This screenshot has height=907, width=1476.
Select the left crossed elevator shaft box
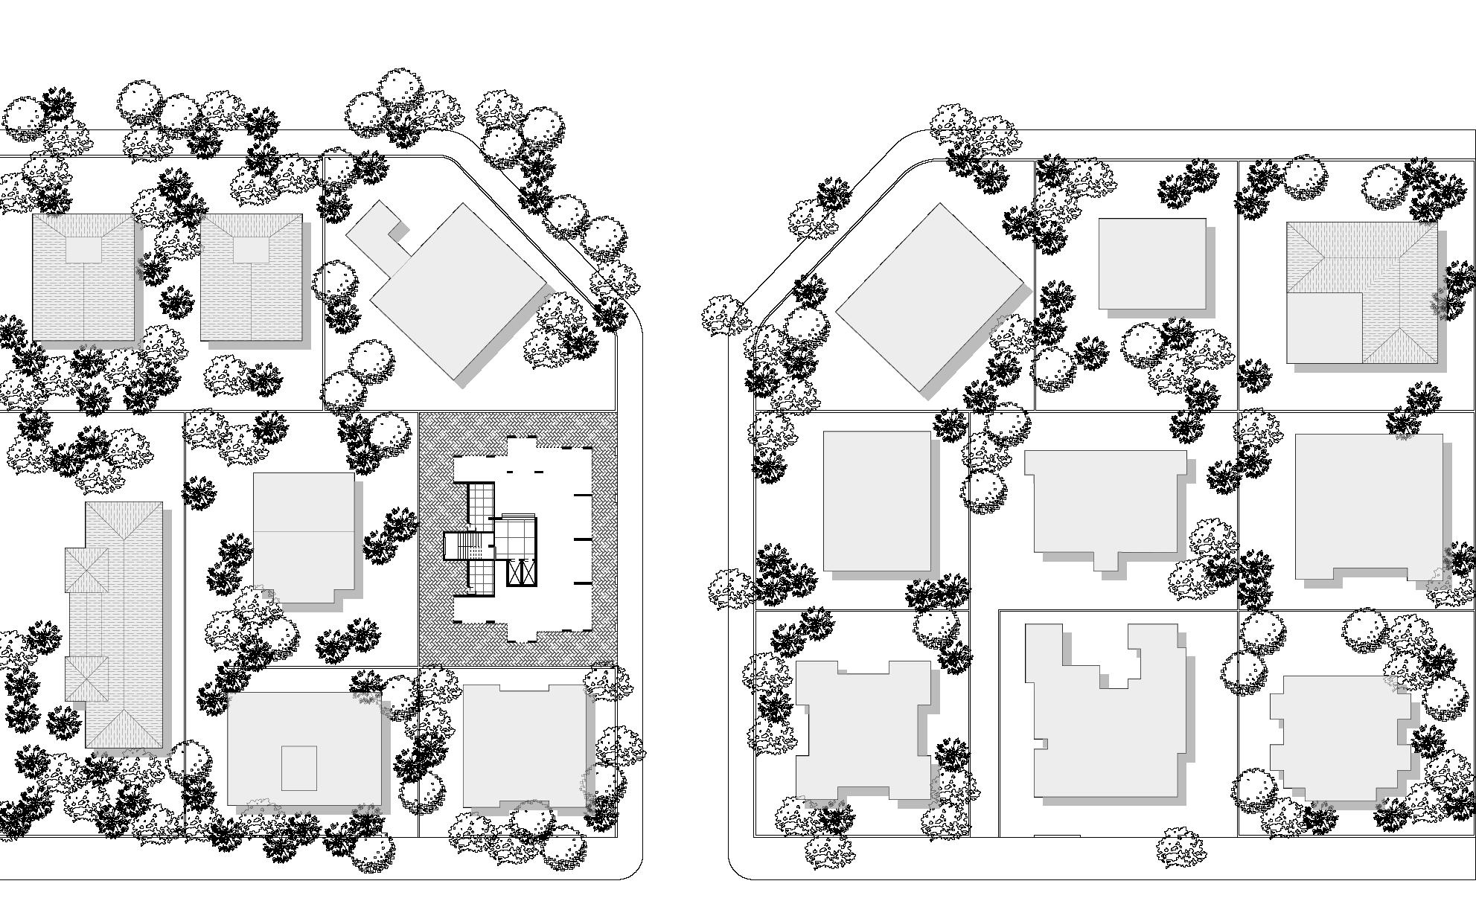tap(514, 572)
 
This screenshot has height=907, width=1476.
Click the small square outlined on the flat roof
tap(298, 768)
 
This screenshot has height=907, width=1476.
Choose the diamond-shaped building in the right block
tap(930, 298)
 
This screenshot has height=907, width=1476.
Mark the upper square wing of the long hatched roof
tap(86, 570)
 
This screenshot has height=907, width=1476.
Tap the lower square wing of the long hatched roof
tap(86, 679)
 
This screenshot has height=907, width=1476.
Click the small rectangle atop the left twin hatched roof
tap(83, 249)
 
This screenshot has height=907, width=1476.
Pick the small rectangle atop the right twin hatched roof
tap(250, 249)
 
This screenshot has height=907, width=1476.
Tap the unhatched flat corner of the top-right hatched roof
tap(1325, 327)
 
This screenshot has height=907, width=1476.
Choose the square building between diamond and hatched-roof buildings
tap(1152, 263)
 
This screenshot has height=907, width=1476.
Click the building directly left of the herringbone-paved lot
tap(304, 537)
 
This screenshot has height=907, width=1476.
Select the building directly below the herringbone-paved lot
tap(525, 746)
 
